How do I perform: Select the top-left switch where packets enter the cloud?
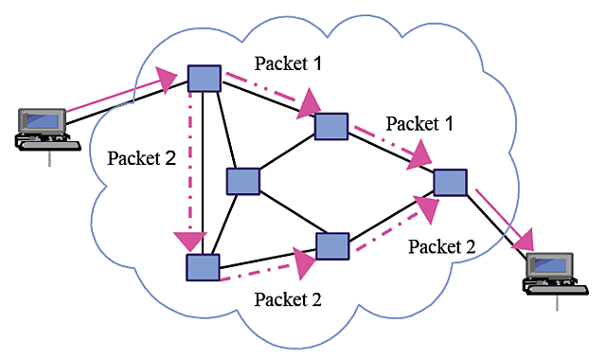point(204,78)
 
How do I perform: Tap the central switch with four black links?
point(243,180)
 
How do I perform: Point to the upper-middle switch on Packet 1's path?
point(331,126)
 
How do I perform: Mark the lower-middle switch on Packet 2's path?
point(333,245)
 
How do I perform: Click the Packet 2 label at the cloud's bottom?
point(289,300)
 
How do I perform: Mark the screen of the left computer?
point(43,121)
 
